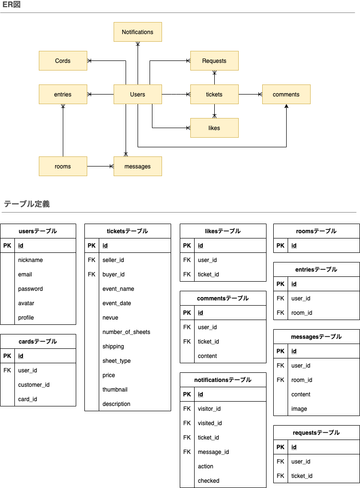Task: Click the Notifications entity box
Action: point(138,32)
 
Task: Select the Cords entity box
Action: point(63,61)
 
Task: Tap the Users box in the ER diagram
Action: point(138,95)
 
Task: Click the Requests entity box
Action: point(214,61)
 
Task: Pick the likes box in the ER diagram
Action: point(214,128)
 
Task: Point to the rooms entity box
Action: point(63,167)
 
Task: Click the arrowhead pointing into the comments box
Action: point(286,107)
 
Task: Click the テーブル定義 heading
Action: point(27,204)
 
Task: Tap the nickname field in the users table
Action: point(31,260)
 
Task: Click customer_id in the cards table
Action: point(34,385)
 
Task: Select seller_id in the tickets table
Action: point(113,260)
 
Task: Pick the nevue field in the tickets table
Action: point(110,318)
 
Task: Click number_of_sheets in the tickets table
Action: point(126,332)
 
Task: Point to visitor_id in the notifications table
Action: point(209,409)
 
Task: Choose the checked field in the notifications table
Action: point(209,481)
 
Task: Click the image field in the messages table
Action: point(299,409)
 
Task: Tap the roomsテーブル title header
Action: point(316,231)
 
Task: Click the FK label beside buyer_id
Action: point(92,274)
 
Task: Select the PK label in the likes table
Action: point(187,246)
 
